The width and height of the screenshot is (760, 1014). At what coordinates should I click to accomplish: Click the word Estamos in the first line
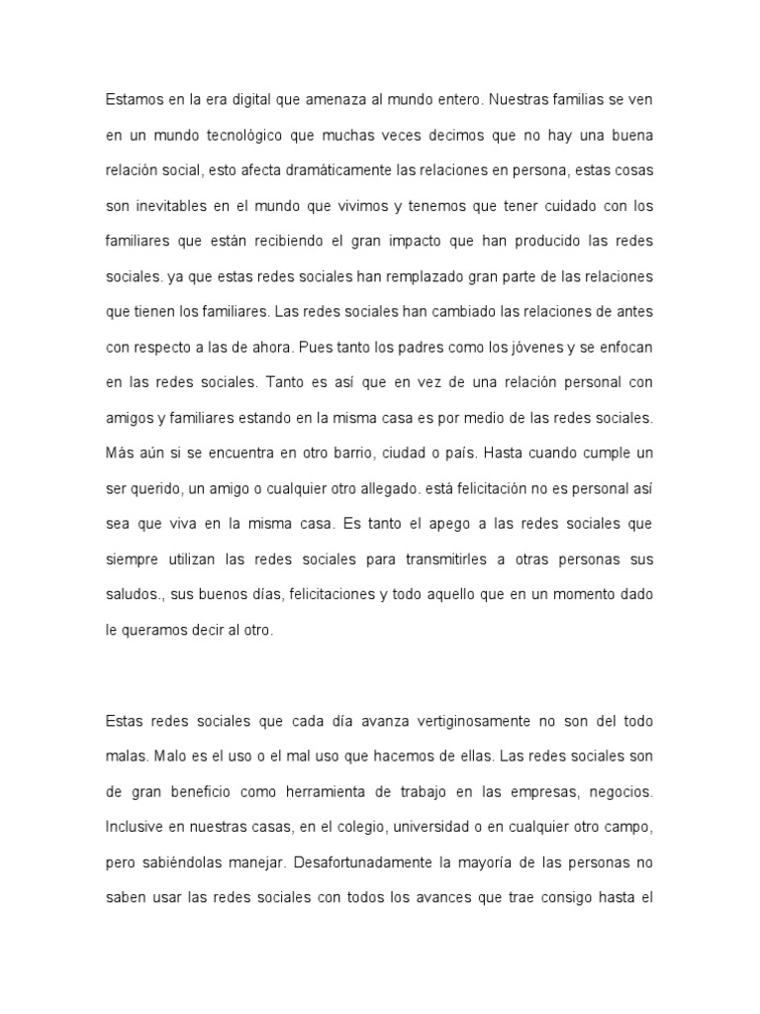[x=132, y=100]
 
